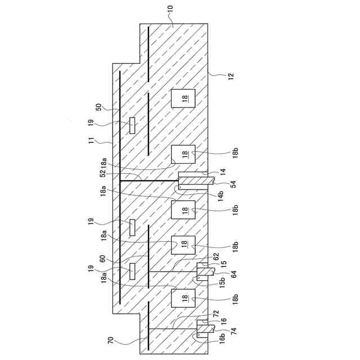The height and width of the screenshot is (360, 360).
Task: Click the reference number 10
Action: click(170, 10)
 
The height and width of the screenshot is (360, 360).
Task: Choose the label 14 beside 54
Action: click(223, 170)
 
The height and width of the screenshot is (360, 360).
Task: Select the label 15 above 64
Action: click(223, 263)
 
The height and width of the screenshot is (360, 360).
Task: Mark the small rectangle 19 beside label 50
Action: click(133, 125)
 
